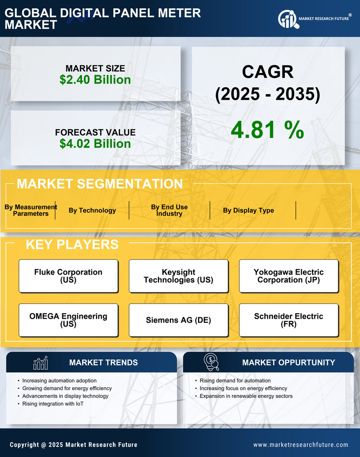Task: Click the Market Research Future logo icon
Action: point(288,19)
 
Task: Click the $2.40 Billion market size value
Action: point(95,80)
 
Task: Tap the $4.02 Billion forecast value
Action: point(95,144)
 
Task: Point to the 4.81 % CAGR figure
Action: point(267,130)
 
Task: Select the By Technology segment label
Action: point(92,211)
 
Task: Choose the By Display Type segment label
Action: point(248,211)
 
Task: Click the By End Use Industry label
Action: point(169,211)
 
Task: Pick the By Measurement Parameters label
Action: point(31,211)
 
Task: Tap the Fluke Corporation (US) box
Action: point(68,276)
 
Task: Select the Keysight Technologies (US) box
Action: point(178,276)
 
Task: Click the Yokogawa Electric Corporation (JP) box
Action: point(289,276)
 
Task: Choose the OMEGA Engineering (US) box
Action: point(68,320)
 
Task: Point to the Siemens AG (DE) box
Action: point(178,320)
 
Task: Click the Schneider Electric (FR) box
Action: point(289,320)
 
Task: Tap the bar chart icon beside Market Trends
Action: point(40,363)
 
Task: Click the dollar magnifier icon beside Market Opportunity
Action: point(211,362)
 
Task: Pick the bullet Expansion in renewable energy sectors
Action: point(246,396)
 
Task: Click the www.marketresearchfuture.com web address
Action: point(301,445)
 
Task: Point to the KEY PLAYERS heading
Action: point(72,244)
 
